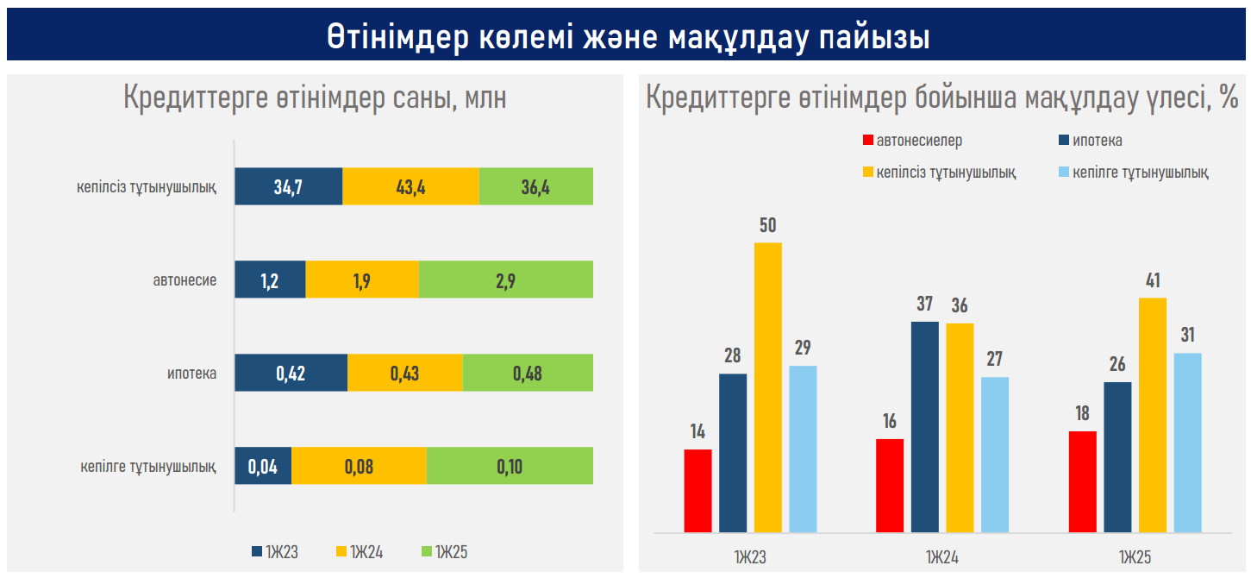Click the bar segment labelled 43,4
pyautogui.click(x=410, y=186)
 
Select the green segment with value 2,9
pyautogui.click(x=505, y=280)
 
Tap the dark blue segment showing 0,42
pyautogui.click(x=291, y=373)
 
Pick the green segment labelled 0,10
pyautogui.click(x=510, y=466)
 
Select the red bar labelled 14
pyautogui.click(x=697, y=490)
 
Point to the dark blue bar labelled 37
pyautogui.click(x=925, y=426)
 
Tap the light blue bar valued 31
pyautogui.click(x=1187, y=442)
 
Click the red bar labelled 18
pyautogui.click(x=1082, y=481)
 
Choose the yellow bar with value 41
pyautogui.click(x=1153, y=414)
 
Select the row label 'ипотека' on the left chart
pyautogui.click(x=191, y=374)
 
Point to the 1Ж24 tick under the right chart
pyautogui.click(x=942, y=556)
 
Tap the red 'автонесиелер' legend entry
pyautogui.click(x=912, y=141)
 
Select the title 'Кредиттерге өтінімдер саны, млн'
pyautogui.click(x=315, y=98)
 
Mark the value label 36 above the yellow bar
pyautogui.click(x=960, y=305)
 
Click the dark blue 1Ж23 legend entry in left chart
pyautogui.click(x=274, y=552)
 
